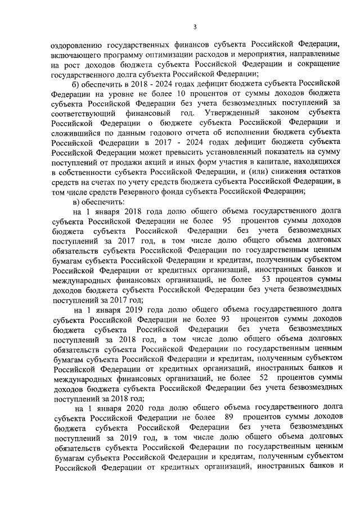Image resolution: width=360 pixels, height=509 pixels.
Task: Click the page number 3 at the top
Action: [195, 27]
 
